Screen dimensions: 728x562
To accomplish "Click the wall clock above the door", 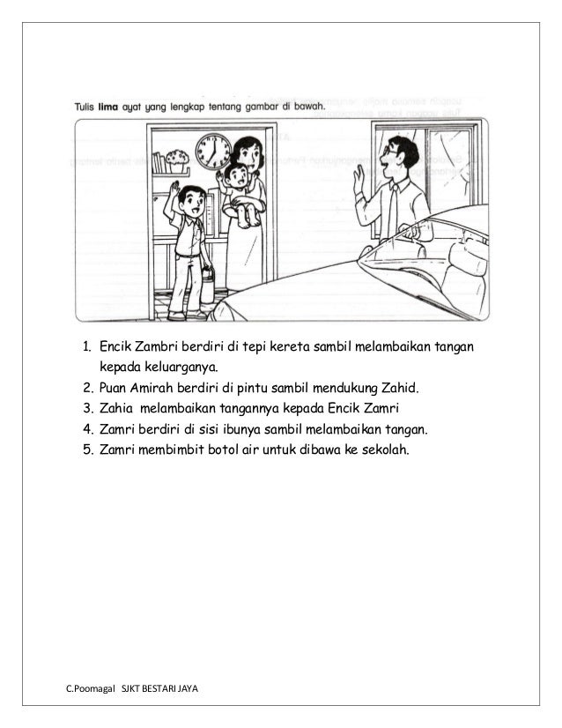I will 212,151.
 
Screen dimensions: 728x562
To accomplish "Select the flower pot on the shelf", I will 178,161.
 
